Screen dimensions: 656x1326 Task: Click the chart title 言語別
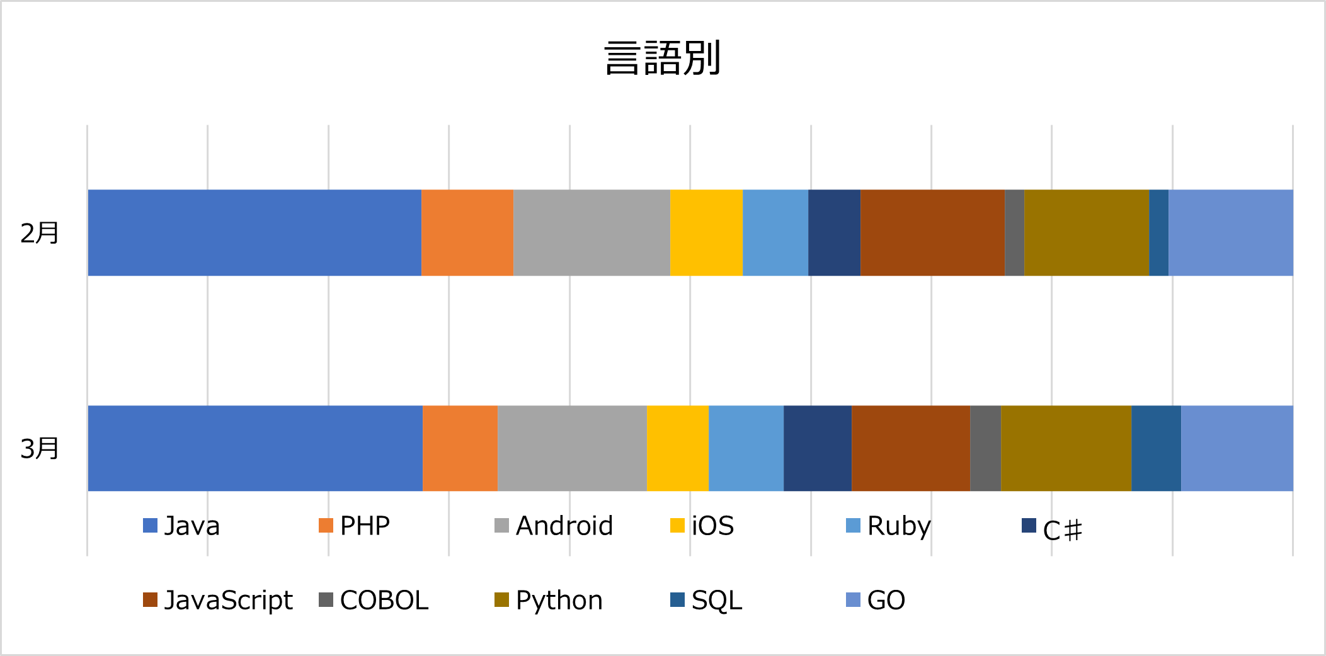click(662, 58)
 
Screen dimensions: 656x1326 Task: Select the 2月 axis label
click(40, 233)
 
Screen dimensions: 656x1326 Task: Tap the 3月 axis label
click(40, 449)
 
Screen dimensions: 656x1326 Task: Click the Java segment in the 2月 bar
click(254, 233)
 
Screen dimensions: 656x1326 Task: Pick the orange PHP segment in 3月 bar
click(460, 448)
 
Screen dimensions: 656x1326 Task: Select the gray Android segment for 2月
click(592, 233)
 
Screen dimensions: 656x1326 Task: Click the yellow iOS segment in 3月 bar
click(678, 448)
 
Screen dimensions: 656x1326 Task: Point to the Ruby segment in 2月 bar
click(775, 233)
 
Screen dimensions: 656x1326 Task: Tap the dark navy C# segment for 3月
click(818, 448)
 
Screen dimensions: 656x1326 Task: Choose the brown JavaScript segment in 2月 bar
click(932, 233)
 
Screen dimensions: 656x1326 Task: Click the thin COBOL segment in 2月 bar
click(1014, 233)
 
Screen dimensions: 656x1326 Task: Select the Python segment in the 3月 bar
click(1066, 448)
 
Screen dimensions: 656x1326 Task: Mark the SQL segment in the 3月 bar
click(1156, 448)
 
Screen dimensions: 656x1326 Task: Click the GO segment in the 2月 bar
click(1230, 233)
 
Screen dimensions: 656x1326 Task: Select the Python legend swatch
click(501, 599)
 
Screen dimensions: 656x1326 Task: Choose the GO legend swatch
click(853, 599)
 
